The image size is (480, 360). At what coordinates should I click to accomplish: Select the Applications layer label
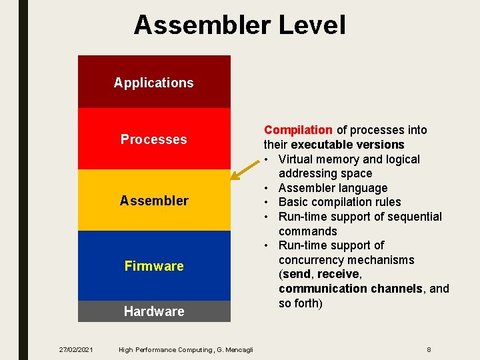[153, 83]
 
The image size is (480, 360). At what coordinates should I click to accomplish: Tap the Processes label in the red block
[153, 139]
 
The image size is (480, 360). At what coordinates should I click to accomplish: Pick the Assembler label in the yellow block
[154, 201]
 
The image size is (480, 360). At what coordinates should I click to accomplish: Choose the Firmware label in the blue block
[154, 266]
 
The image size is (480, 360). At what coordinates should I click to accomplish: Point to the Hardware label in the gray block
[154, 311]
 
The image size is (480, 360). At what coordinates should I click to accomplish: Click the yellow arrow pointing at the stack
[244, 171]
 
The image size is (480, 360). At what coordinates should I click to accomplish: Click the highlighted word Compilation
[298, 130]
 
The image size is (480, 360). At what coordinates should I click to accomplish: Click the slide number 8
[429, 349]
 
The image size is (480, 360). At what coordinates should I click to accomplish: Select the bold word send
[297, 274]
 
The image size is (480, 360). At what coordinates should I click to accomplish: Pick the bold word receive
[339, 274]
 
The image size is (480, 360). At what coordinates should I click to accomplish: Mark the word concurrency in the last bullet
[313, 260]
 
